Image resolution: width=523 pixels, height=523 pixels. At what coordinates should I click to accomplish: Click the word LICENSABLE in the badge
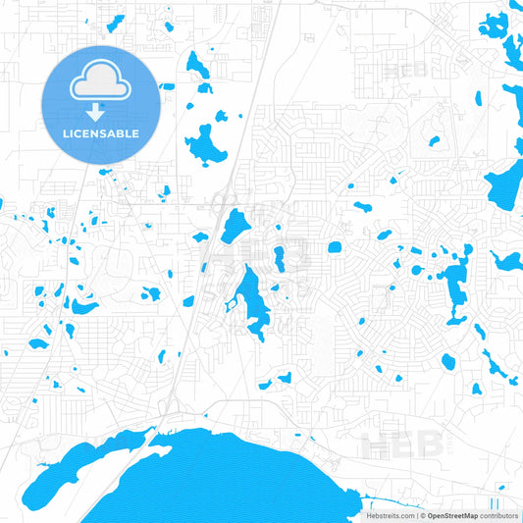coord(101,133)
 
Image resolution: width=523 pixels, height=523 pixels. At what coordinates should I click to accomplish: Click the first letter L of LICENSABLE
coord(66,133)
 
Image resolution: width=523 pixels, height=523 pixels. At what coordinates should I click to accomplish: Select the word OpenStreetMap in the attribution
coord(452,515)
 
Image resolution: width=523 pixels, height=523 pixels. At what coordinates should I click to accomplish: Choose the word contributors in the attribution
coord(499,515)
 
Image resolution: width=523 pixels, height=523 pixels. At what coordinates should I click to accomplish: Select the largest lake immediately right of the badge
coord(206,145)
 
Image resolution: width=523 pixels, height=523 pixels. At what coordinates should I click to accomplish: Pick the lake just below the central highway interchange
coord(235,226)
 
